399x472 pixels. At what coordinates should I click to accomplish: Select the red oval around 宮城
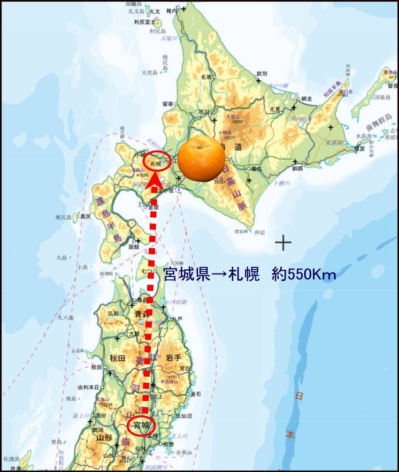pyautogui.click(x=141, y=426)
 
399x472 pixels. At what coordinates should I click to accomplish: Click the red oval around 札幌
pyautogui.click(x=157, y=161)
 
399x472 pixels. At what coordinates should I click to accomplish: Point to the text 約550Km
pyautogui.click(x=304, y=274)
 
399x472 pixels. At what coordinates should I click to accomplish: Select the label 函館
pyautogui.click(x=133, y=246)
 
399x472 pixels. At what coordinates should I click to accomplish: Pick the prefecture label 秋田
pyautogui.click(x=117, y=358)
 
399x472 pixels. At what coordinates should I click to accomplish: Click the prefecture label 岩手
pyautogui.click(x=173, y=358)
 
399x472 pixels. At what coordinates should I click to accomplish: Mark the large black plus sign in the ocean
pyautogui.click(x=283, y=243)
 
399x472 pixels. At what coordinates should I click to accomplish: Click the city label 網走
pyautogui.click(x=307, y=99)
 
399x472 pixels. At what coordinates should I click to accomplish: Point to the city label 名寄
pyautogui.click(x=206, y=76)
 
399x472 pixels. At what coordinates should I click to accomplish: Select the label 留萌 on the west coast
pyautogui.click(x=168, y=104)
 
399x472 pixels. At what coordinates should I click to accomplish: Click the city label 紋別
pyautogui.click(x=261, y=74)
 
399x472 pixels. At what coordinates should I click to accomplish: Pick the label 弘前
pyautogui.click(x=114, y=313)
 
